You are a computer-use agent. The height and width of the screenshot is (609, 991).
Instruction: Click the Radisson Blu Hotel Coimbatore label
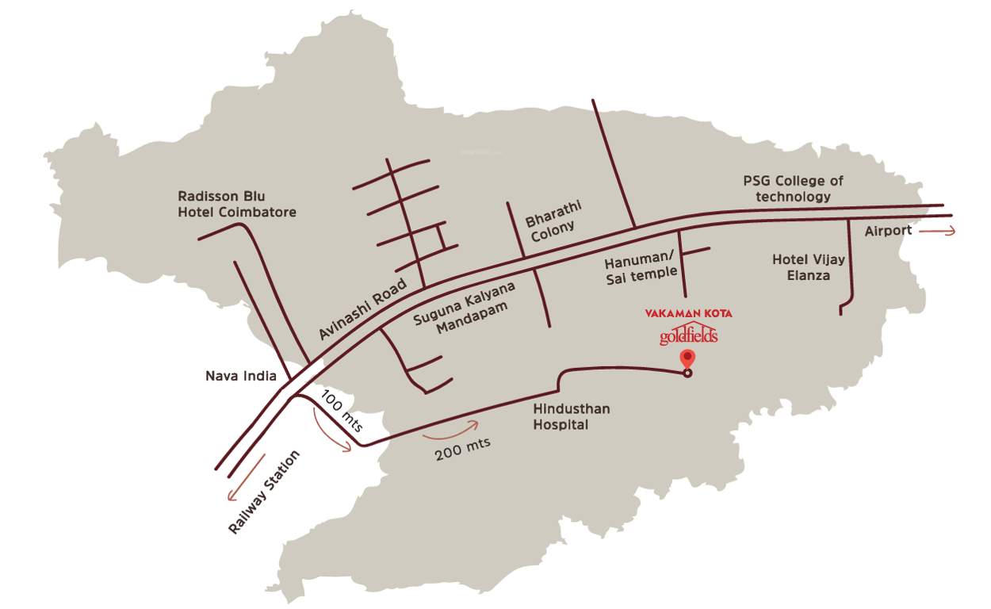(237, 204)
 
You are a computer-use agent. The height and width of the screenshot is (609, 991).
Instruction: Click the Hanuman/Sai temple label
(641, 266)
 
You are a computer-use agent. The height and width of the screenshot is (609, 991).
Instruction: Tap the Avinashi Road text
(362, 309)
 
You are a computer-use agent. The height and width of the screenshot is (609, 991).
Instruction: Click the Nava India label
(240, 376)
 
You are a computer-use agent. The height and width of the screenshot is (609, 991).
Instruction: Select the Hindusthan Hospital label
(561, 417)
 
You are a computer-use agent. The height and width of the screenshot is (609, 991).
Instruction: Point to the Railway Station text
(265, 492)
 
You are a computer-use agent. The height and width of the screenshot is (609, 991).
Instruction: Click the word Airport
(889, 231)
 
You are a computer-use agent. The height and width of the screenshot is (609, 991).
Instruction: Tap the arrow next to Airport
(939, 231)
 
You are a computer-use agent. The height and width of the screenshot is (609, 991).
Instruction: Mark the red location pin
(687, 358)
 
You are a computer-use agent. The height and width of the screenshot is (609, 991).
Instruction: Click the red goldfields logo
(688, 336)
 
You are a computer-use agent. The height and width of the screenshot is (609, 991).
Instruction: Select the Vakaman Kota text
(688, 313)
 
